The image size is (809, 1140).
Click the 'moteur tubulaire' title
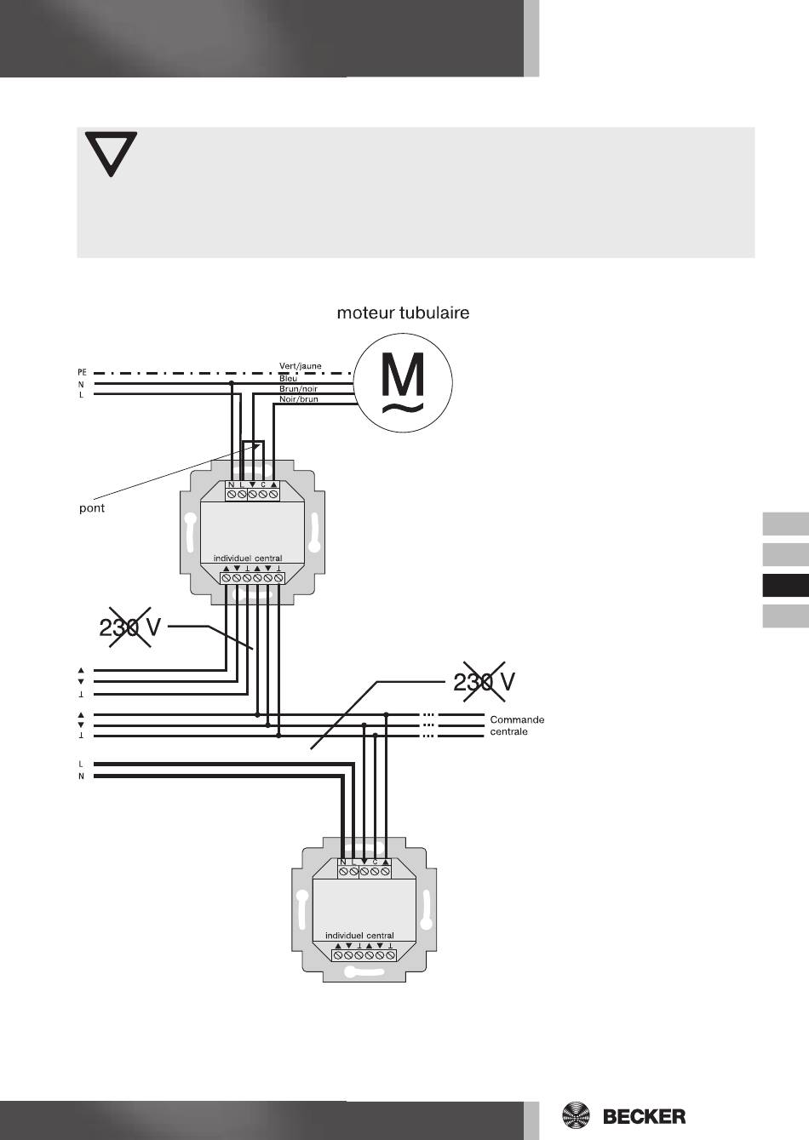point(403,313)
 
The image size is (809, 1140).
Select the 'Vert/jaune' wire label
point(301,367)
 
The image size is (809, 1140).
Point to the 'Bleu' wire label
point(289,378)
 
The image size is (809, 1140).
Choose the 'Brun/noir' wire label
point(298,388)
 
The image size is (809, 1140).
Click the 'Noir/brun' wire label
point(299,398)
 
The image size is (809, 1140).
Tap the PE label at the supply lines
point(82,372)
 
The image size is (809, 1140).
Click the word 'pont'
point(91,508)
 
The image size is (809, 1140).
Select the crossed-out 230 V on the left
point(130,628)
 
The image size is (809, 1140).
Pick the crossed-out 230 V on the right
point(484,681)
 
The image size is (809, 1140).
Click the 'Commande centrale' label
point(517,725)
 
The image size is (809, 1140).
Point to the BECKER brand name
point(644,1116)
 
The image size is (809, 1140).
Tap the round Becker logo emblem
point(577,1115)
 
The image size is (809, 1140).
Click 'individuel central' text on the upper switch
point(247,559)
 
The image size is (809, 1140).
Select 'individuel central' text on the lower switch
point(359,935)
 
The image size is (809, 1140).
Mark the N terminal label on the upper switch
point(231,485)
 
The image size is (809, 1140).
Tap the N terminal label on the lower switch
point(343,862)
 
